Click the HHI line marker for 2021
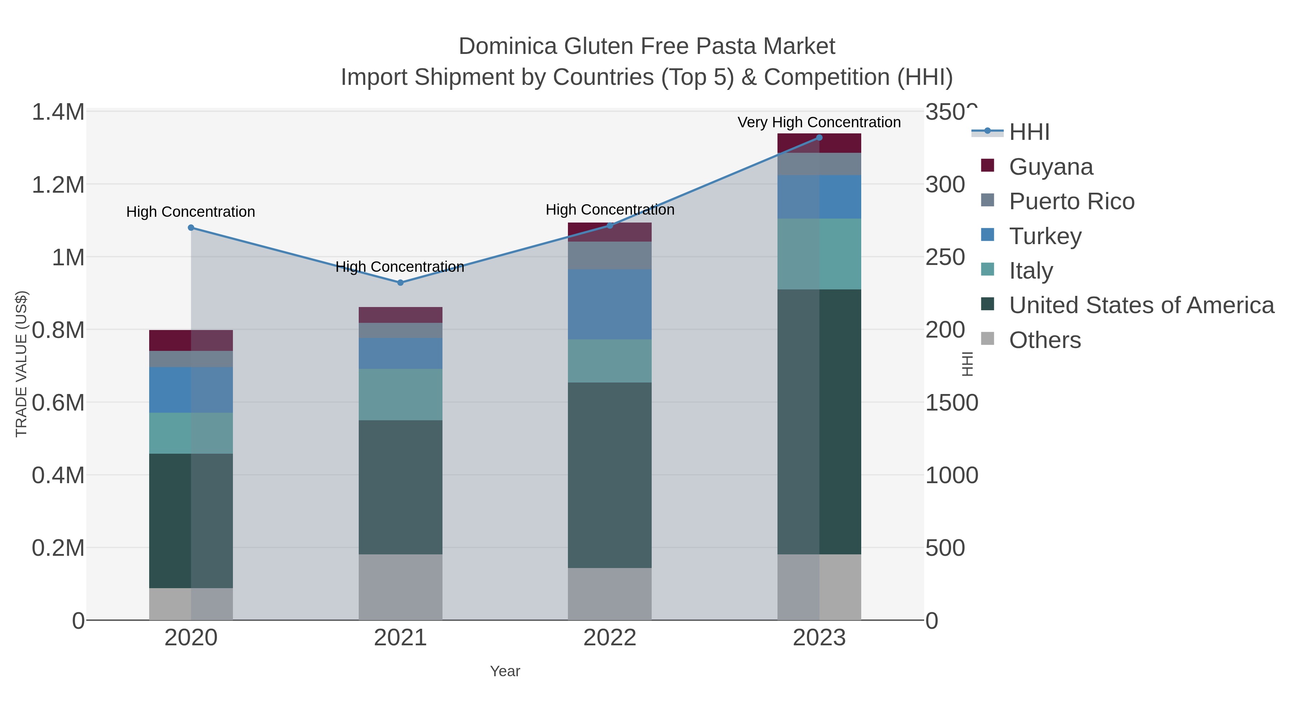(x=400, y=283)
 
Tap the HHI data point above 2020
(x=191, y=228)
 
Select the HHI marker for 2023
(x=819, y=138)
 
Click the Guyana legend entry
(x=1051, y=167)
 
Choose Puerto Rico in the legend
(x=1072, y=201)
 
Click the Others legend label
(x=1045, y=340)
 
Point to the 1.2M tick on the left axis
(x=58, y=185)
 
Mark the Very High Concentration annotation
(x=819, y=123)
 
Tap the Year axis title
(x=505, y=671)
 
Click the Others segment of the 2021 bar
(x=400, y=587)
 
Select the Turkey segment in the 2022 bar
(x=610, y=304)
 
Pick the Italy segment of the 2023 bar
(x=819, y=254)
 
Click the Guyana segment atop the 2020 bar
(x=191, y=340)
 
